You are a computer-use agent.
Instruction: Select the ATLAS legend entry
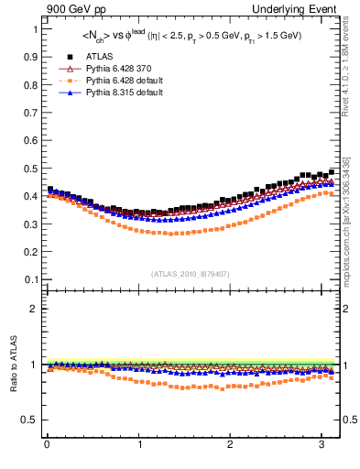[97, 57]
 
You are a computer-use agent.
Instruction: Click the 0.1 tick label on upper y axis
[30, 278]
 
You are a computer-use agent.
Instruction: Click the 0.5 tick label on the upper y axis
[30, 168]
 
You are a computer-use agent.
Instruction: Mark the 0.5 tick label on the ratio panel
[30, 420]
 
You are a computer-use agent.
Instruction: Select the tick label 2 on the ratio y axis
[34, 309]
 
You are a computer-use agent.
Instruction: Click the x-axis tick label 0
[47, 445]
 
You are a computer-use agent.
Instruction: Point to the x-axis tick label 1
[139, 445]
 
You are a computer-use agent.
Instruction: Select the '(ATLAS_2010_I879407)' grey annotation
[191, 273]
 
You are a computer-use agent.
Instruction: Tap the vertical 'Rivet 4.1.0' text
[351, 55]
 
